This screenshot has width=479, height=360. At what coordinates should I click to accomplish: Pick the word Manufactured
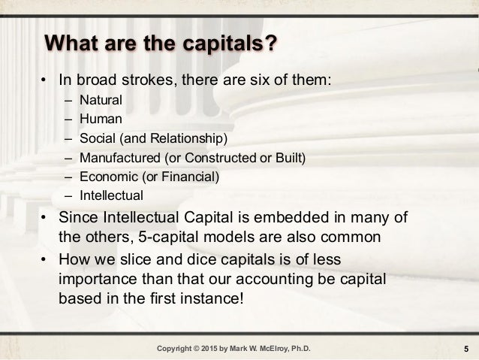[x=116, y=157]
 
